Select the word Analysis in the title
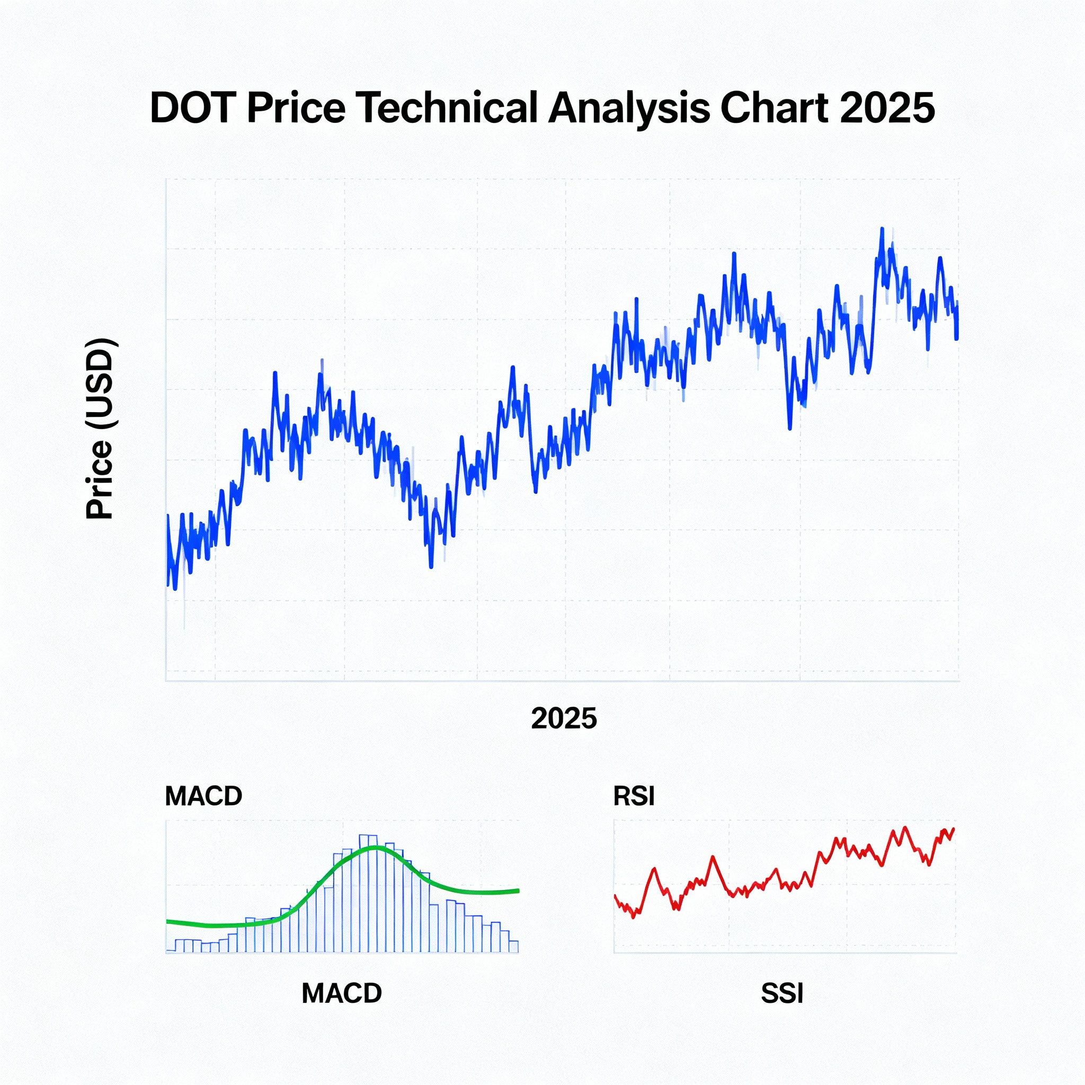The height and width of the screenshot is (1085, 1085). point(629,108)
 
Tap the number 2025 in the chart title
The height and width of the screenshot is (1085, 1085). point(887,108)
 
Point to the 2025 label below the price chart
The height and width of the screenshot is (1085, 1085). point(564,718)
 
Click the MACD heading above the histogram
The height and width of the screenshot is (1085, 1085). point(203,796)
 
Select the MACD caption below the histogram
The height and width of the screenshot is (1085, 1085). point(342,993)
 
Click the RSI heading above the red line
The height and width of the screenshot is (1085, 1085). point(634,796)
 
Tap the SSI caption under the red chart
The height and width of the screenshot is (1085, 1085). point(782,993)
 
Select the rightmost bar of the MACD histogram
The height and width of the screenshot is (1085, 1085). point(513,946)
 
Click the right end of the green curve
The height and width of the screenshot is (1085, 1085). point(518,890)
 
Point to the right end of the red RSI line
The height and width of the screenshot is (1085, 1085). point(954,829)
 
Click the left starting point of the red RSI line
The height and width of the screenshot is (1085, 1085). point(616,895)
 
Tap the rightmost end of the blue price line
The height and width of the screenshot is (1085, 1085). point(957,337)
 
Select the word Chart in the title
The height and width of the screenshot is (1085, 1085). point(773,108)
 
